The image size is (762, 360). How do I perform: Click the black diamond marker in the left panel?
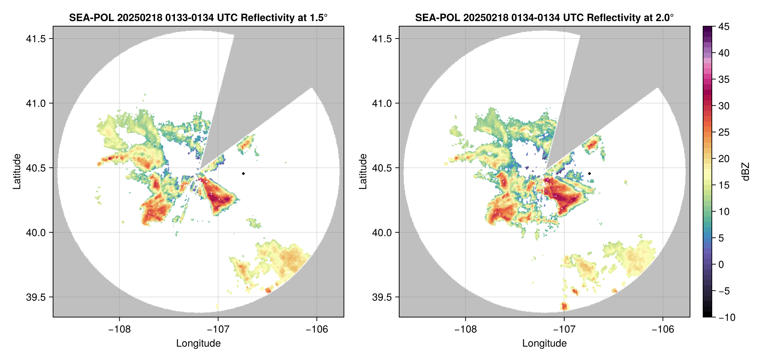(x=243, y=173)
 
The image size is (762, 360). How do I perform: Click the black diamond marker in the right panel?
(x=589, y=173)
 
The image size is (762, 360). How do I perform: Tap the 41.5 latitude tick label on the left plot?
(x=36, y=39)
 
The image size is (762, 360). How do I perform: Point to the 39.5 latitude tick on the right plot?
(x=382, y=297)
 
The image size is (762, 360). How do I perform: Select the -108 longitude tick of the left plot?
(x=119, y=329)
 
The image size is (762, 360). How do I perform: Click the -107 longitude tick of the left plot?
(x=218, y=329)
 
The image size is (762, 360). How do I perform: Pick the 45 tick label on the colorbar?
(x=723, y=27)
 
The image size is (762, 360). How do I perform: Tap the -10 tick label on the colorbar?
(x=726, y=317)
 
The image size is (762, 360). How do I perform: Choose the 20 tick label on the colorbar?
(x=723, y=159)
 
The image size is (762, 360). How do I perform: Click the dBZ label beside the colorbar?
(x=745, y=172)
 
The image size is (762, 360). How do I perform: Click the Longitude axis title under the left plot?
(x=198, y=343)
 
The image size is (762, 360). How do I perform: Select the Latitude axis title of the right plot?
(x=363, y=172)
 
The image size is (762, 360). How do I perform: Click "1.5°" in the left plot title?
(x=318, y=18)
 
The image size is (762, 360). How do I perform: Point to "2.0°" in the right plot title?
(x=665, y=18)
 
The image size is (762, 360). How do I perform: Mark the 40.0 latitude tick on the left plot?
(x=36, y=232)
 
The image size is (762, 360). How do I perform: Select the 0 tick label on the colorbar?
(x=721, y=265)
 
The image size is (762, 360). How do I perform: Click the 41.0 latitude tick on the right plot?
(x=382, y=103)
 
